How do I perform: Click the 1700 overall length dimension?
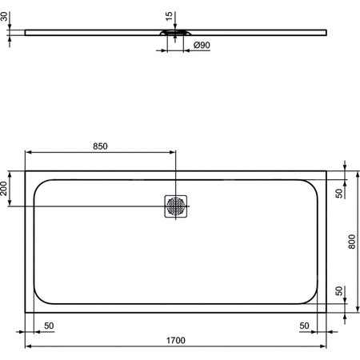coord(176,340)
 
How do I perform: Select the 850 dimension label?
coord(100,146)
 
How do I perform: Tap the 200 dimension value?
coord(6,189)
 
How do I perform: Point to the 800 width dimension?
coord(352,241)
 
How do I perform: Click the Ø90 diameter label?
coord(202,46)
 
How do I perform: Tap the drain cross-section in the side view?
coord(176,34)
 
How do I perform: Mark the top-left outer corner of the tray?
coord(25,170)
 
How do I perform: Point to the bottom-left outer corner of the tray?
coord(25,312)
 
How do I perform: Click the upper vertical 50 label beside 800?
coord(338,193)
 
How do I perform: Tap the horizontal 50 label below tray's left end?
coord(50,326)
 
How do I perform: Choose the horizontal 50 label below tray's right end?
coord(304,326)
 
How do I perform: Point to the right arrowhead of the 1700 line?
coord(324,347)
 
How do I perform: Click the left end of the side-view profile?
coord(26,33)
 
